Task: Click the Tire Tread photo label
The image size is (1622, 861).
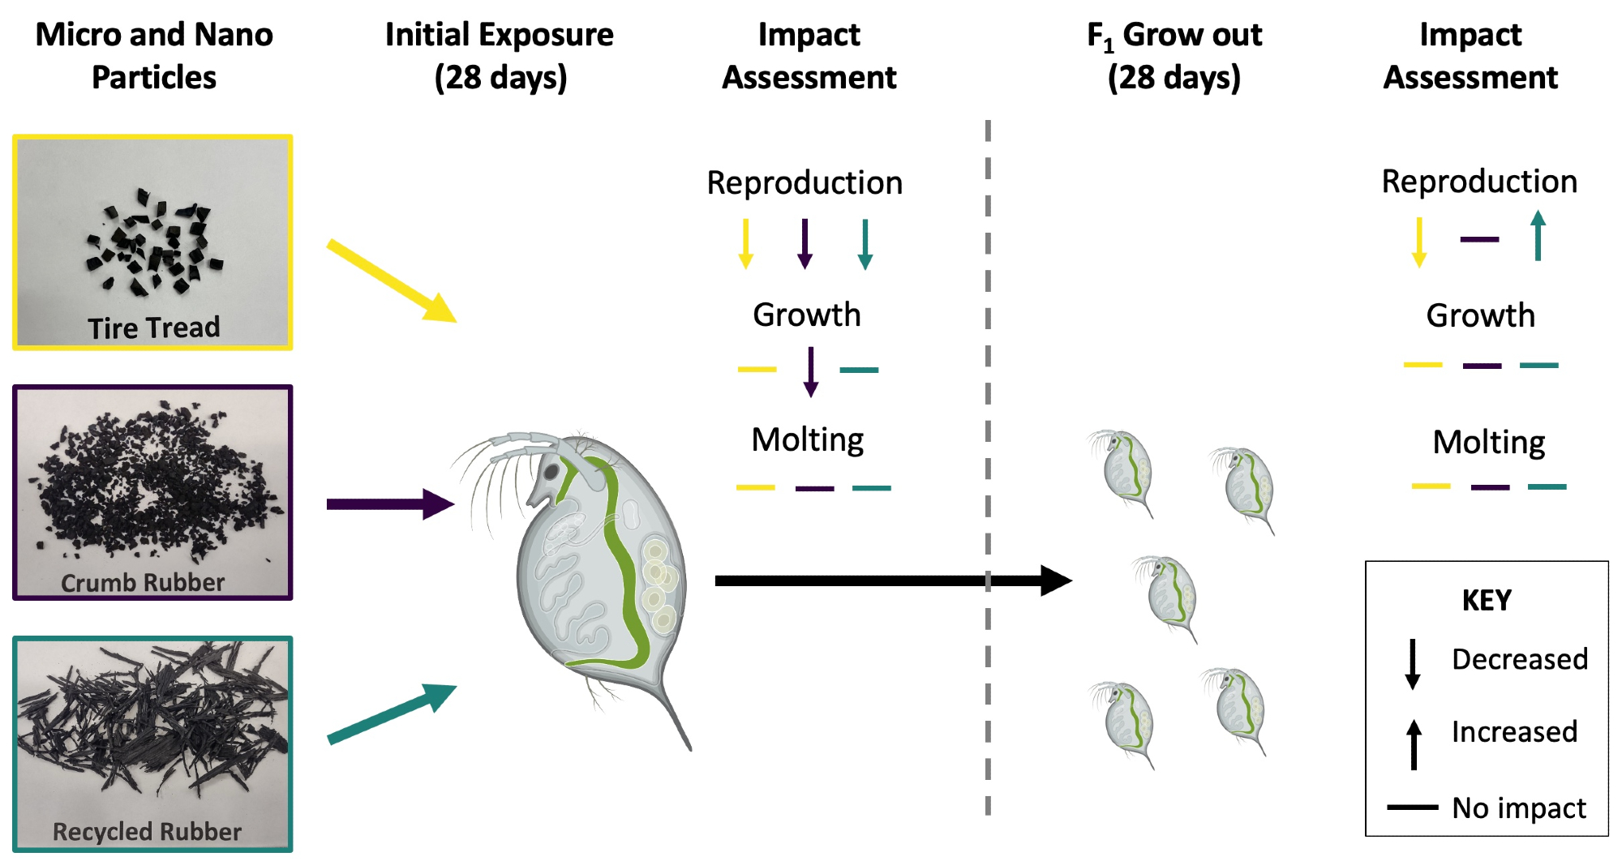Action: pyautogui.click(x=153, y=328)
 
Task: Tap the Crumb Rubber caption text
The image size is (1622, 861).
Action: pyautogui.click(x=143, y=582)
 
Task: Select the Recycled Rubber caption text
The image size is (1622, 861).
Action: pyautogui.click(x=147, y=831)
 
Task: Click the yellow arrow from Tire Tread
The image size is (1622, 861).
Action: pyautogui.click(x=391, y=281)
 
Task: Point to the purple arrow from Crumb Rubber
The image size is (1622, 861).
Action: pyautogui.click(x=389, y=504)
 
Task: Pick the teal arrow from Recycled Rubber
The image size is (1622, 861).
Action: pyautogui.click(x=391, y=713)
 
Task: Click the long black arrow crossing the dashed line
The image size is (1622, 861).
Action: pyautogui.click(x=892, y=580)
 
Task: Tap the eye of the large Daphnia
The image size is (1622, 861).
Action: pyautogui.click(x=551, y=471)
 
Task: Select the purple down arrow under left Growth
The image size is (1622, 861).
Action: pyautogui.click(x=810, y=371)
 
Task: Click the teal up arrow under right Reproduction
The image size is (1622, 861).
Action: pyautogui.click(x=1538, y=235)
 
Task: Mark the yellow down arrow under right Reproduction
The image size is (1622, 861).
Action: pyautogui.click(x=1419, y=242)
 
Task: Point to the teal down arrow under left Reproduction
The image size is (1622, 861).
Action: pyautogui.click(x=865, y=243)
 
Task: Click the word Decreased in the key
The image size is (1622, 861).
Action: pyautogui.click(x=1519, y=659)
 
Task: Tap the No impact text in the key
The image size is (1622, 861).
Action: pyautogui.click(x=1518, y=807)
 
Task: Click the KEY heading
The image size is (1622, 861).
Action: pyautogui.click(x=1487, y=600)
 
